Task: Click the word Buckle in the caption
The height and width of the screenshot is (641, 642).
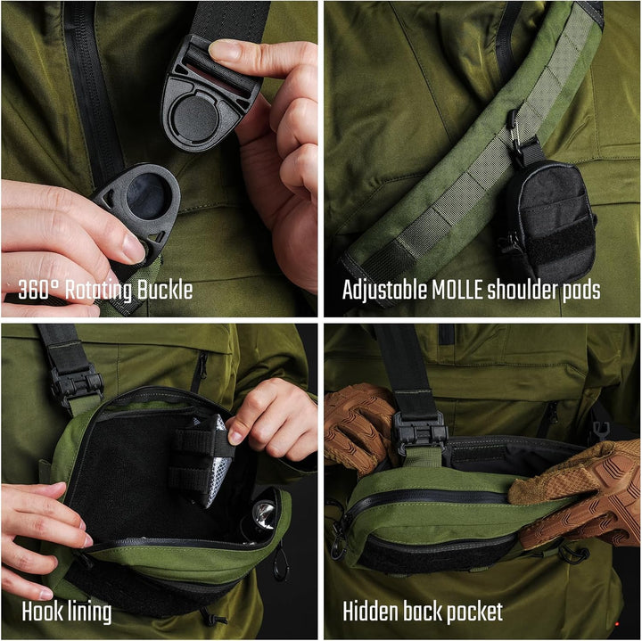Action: tap(162, 291)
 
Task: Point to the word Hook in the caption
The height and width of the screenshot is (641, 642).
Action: tap(41, 612)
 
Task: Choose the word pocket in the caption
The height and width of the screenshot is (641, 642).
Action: tap(473, 612)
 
